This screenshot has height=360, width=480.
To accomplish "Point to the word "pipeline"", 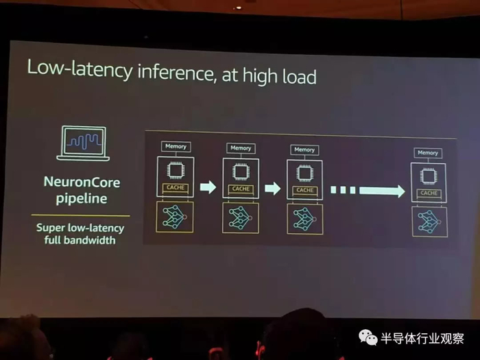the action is tap(83, 200).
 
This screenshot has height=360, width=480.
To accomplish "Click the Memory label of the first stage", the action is tap(176, 145).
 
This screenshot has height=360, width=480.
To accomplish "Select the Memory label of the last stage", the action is tap(427, 153).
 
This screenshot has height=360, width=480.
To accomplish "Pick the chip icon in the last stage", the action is tap(429, 176).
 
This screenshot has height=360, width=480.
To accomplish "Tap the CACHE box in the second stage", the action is tap(241, 189).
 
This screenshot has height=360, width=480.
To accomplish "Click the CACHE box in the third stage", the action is tap(304, 190).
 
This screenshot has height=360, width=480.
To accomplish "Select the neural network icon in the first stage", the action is tap(176, 216).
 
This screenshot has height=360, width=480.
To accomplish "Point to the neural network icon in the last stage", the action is tap(429, 221).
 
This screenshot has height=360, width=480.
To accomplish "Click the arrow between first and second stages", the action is tap(208, 187).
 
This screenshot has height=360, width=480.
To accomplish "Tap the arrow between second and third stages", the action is tap(272, 188).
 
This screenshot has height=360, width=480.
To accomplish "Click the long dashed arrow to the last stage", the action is tap(368, 191).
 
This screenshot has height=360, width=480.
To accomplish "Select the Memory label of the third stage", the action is tap(304, 149).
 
